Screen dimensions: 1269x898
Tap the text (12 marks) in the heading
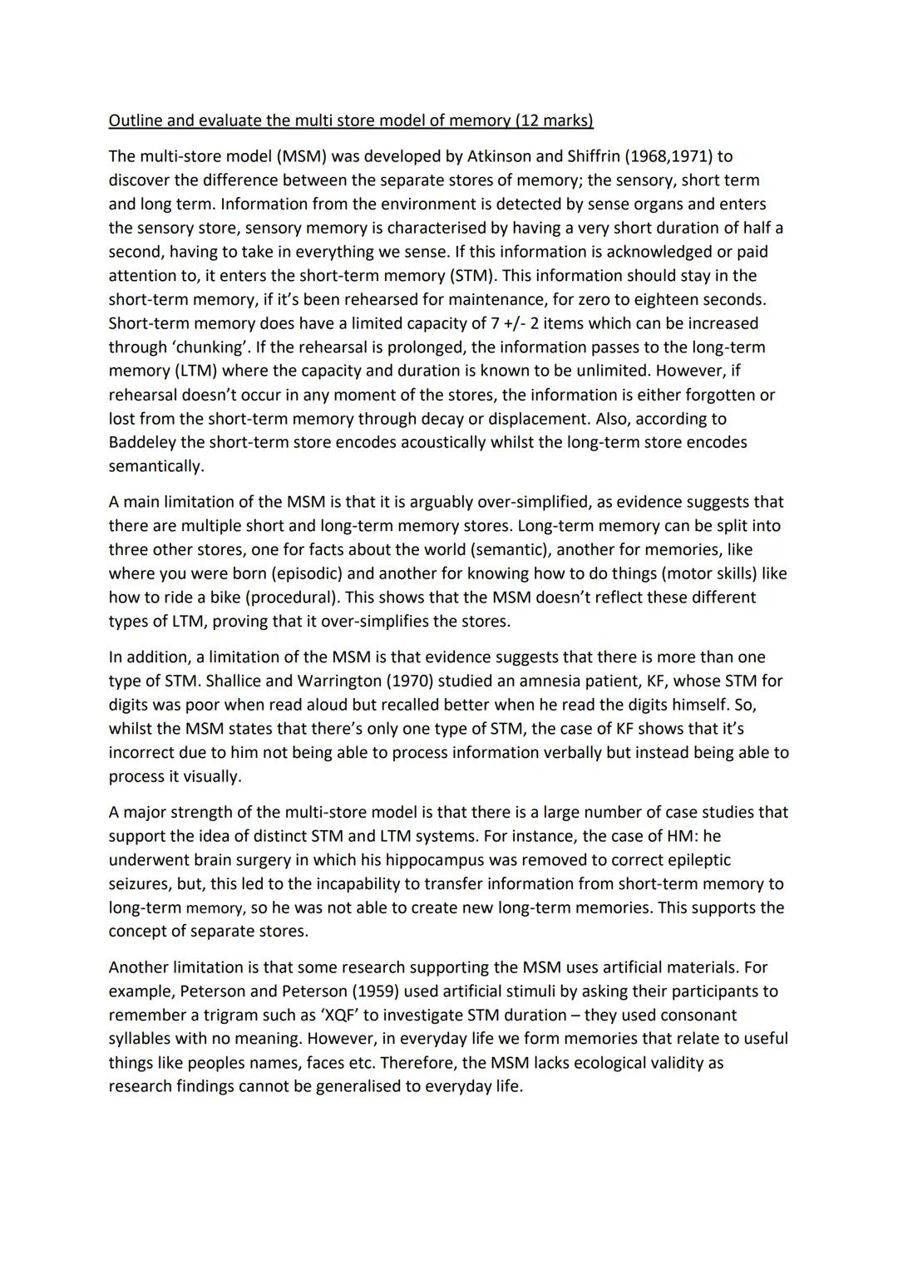click(x=555, y=121)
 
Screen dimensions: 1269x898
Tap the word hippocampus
click(x=447, y=860)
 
